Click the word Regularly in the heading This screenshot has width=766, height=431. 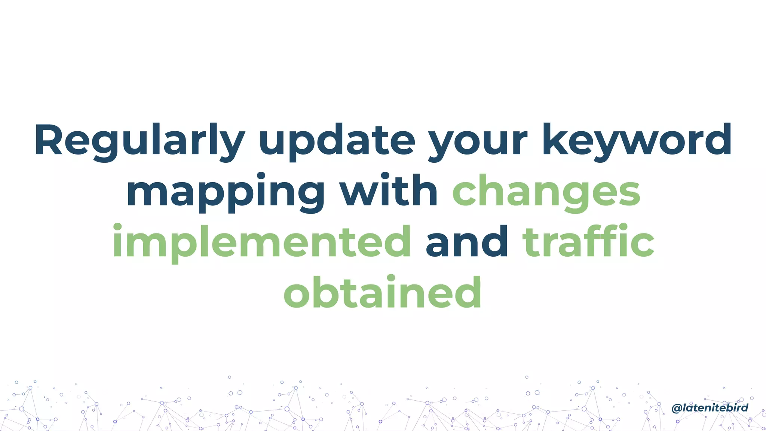tap(140, 140)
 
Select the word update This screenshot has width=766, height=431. tap(337, 140)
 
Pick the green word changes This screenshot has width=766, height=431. tap(546, 192)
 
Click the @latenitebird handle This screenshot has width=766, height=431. tap(710, 408)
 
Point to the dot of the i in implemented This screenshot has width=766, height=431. tap(117, 227)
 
